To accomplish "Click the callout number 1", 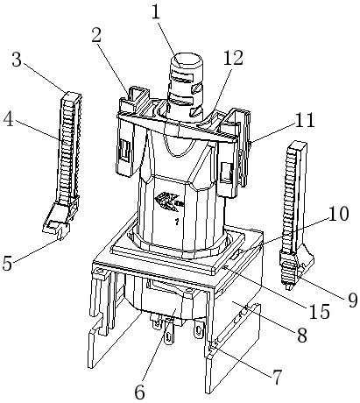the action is tap(156, 12).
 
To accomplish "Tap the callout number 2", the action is tap(96, 36).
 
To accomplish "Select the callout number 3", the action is tap(17, 60).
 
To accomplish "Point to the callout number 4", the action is tap(9, 119).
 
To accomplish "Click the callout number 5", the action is tap(7, 263).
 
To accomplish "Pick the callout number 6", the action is tap(140, 392).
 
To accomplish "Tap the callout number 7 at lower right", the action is tap(277, 377).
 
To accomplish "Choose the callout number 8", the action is tap(302, 335).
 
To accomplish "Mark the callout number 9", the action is tap(352, 300).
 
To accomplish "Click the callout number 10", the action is tap(338, 214).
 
